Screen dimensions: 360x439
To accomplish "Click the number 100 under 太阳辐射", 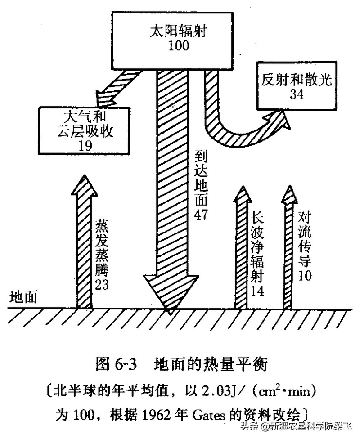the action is tap(179, 45).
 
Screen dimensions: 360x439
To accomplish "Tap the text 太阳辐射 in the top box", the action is tap(179, 31).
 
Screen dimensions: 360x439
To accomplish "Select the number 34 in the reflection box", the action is tap(297, 94).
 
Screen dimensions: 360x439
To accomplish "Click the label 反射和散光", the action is tap(297, 80).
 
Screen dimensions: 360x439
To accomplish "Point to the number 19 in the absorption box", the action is tap(85, 146).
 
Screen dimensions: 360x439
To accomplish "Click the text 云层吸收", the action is tap(85, 131).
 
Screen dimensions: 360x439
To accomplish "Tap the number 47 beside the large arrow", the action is tap(201, 215).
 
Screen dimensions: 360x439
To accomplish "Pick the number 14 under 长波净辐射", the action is tap(257, 291).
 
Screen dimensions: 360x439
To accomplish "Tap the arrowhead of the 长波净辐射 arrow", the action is tap(243, 194).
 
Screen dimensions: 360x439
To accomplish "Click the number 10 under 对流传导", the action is tap(305, 275).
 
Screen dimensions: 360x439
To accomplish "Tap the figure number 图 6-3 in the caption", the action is tap(116, 364).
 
